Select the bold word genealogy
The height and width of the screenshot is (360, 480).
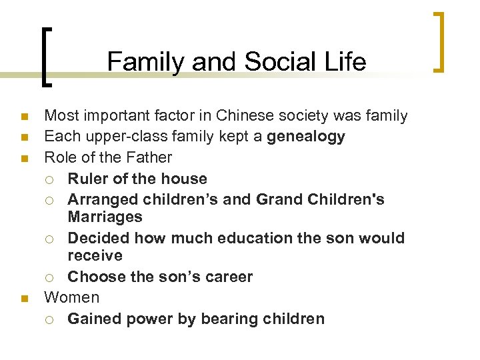(306, 137)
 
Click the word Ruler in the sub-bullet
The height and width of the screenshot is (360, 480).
(90, 179)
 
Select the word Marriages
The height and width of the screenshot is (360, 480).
(105, 217)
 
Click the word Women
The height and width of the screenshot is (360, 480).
(71, 297)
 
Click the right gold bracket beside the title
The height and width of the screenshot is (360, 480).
(438, 41)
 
